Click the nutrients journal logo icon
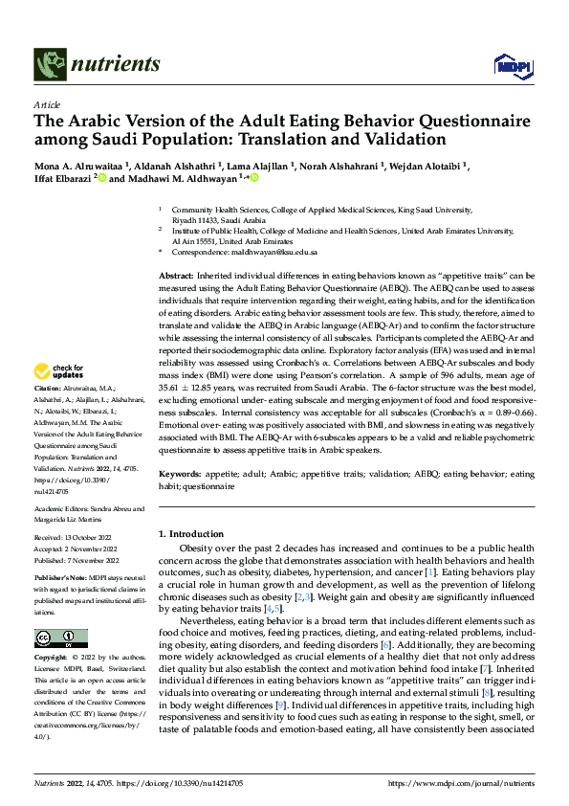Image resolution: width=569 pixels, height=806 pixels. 48,65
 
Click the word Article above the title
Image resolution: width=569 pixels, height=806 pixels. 46,104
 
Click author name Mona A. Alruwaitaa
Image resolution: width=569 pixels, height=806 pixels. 74,165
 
